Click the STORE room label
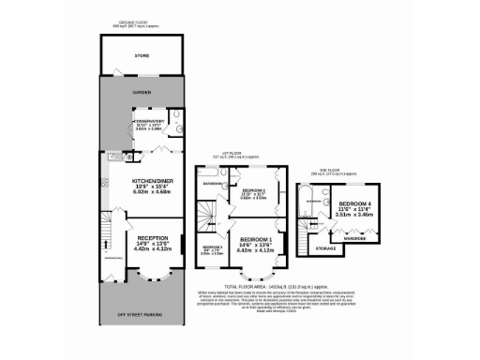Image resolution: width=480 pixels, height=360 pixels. click(x=142, y=56)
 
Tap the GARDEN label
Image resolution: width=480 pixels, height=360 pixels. click(x=142, y=93)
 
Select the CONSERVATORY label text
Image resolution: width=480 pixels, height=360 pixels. click(x=149, y=121)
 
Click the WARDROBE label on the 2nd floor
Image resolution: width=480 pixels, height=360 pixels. click(x=357, y=236)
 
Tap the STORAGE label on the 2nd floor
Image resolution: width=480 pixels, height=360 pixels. click(x=325, y=248)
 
